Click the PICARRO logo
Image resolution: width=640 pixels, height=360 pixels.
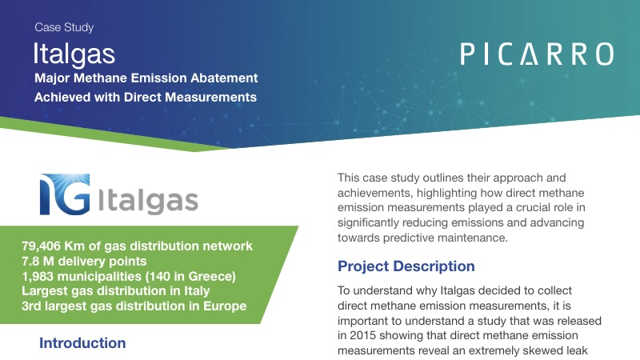click(537, 54)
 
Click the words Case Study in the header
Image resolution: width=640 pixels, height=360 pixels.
click(64, 27)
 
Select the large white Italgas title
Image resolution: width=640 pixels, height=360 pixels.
click(74, 54)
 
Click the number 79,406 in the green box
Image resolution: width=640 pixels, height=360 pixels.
click(46, 245)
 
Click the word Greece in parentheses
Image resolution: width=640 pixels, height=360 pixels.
click(210, 277)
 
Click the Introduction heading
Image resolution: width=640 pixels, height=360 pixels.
click(82, 343)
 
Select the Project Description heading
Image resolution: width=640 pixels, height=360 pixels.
click(406, 266)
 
